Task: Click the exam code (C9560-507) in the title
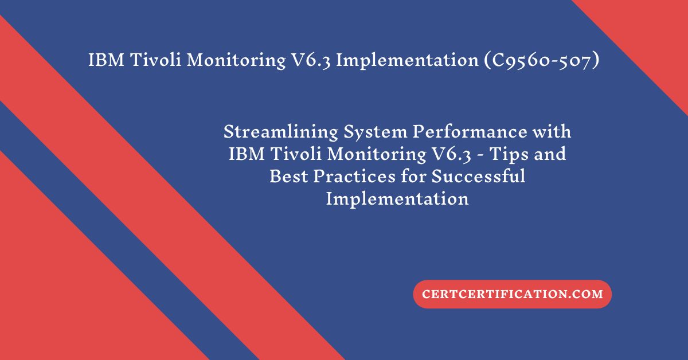tap(542, 60)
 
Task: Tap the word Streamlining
tap(281, 132)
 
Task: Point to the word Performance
tap(470, 132)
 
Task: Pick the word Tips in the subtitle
tap(509, 154)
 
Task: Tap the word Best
tap(289, 177)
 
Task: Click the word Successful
tap(478, 176)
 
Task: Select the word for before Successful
tap(413, 176)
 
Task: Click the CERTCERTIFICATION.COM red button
tap(513, 294)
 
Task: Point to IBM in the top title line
tap(106, 60)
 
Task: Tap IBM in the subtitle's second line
tap(247, 154)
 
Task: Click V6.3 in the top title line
tap(311, 60)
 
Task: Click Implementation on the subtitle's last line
tap(397, 199)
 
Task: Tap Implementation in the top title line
tap(407, 60)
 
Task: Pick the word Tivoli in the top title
tap(155, 60)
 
